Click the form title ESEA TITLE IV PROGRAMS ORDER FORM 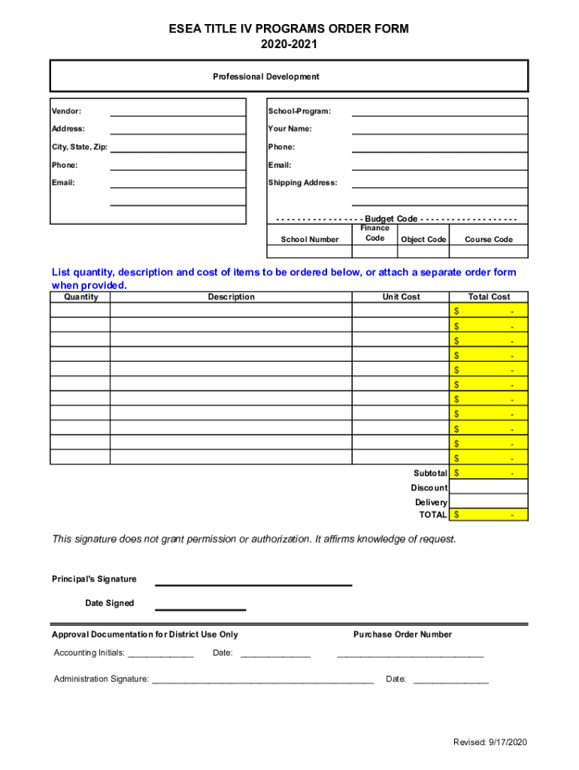289,29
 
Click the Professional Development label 265,77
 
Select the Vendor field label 66,111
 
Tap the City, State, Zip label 80,147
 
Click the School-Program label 299,111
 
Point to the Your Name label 289,129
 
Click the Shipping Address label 302,183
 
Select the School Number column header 309,240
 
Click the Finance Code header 374,233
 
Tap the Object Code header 423,240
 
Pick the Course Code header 488,240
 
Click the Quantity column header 80,297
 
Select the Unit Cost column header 400,297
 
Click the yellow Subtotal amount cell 489,473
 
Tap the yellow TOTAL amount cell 489,515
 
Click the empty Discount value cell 489,487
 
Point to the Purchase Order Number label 402,635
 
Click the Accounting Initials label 89,653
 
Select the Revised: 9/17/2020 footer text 490,742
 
